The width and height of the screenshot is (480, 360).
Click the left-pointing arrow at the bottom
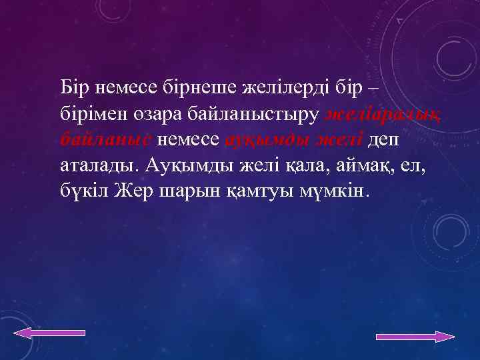tap(50, 333)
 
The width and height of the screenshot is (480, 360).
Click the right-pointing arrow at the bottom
tap(415, 337)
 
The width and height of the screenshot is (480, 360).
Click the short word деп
tap(385, 139)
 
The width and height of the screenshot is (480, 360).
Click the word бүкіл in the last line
tap(84, 191)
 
